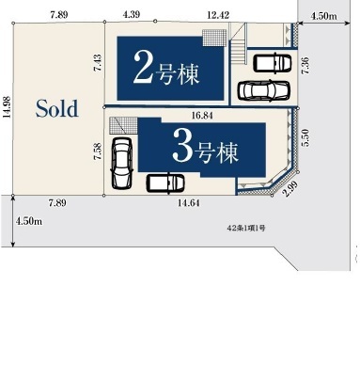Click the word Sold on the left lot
(56, 108)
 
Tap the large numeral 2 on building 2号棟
(143, 68)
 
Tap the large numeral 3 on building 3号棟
(182, 146)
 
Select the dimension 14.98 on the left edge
(7, 107)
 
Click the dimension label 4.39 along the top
(132, 14)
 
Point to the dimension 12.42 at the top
(218, 15)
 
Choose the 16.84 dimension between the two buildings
(202, 116)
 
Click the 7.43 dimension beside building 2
(98, 62)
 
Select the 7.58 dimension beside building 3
(98, 151)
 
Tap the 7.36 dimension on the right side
(305, 65)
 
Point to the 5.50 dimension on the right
(305, 137)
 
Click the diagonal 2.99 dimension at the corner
(290, 189)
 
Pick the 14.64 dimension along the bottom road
(189, 203)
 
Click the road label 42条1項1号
(246, 228)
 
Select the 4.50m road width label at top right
(324, 16)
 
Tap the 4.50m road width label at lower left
(29, 221)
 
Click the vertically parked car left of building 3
(122, 163)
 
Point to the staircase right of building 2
(238, 50)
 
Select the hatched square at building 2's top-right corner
(214, 38)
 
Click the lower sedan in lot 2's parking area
(263, 91)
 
